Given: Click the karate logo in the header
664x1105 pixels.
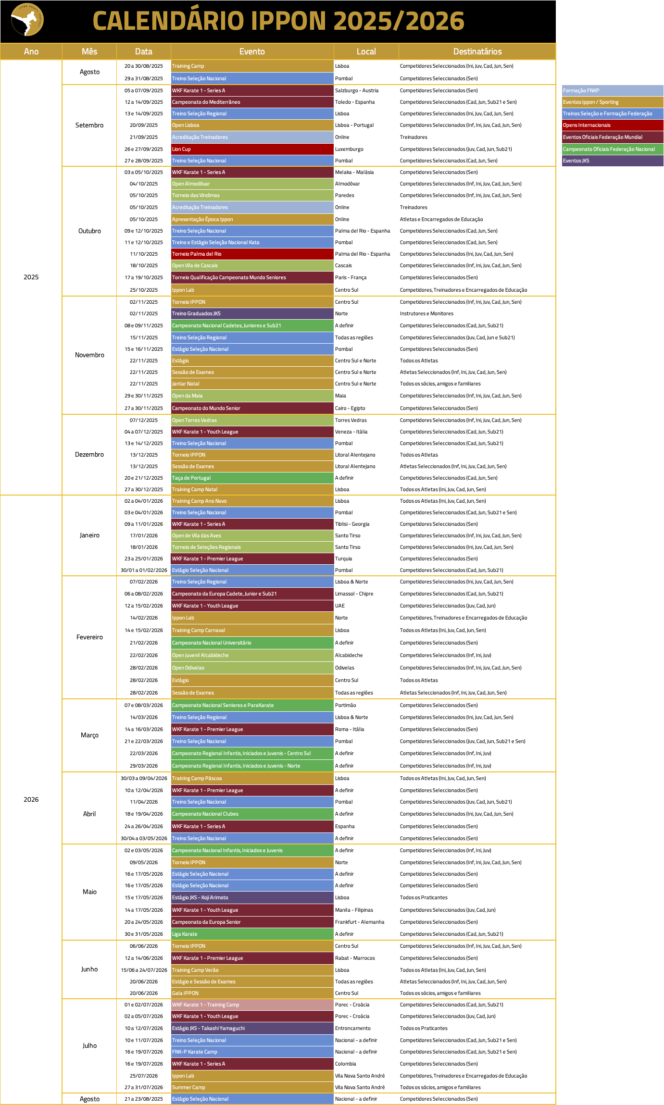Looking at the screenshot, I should (27, 20).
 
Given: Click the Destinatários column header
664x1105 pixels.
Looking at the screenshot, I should (477, 51).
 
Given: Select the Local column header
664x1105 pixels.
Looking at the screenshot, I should (366, 51).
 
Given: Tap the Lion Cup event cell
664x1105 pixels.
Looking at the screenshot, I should (252, 149).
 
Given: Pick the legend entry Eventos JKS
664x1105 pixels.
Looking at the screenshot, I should (612, 161).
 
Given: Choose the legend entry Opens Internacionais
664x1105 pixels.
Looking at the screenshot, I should (612, 125).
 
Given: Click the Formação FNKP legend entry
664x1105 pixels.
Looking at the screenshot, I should (612, 90).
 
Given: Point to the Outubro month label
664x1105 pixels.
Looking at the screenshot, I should (89, 231).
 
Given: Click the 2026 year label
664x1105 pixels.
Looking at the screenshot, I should (31, 799).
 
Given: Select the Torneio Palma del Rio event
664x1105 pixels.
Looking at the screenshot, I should (252, 254).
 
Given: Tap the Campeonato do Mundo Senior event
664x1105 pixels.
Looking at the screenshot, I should (252, 408).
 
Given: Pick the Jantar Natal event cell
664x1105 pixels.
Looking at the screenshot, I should (252, 384).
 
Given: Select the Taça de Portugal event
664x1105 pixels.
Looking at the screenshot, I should (252, 478).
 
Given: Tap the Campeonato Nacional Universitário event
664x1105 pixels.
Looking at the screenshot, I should (252, 643).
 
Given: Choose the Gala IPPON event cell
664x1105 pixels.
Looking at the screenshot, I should (252, 993).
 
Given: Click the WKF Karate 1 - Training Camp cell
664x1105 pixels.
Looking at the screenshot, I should (252, 1005).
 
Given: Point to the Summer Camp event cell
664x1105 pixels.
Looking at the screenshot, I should (252, 1087).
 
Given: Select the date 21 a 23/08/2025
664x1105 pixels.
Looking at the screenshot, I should (143, 1099).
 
